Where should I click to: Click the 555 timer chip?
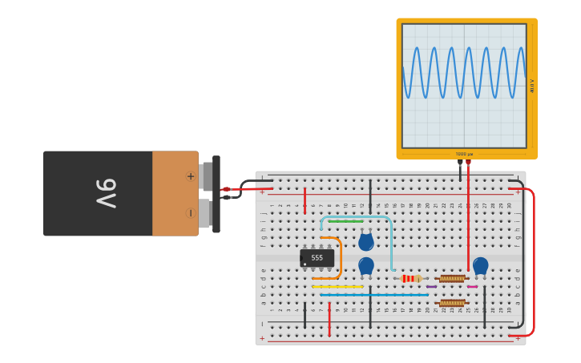pyautogui.click(x=317, y=258)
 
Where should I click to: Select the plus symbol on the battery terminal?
pyautogui.click(x=190, y=176)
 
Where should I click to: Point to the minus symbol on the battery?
pyautogui.click(x=190, y=212)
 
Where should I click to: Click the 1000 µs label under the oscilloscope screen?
pyautogui.click(x=464, y=154)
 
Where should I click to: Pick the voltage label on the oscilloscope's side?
pyautogui.click(x=532, y=85)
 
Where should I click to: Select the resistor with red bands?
pyautogui.click(x=410, y=278)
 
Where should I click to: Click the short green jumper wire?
pyautogui.click(x=345, y=221)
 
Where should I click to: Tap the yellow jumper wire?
pyautogui.click(x=337, y=286)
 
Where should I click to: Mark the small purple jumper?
pyautogui.click(x=431, y=286)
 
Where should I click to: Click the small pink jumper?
pyautogui.click(x=472, y=286)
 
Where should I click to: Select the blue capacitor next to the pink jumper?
pyautogui.click(x=480, y=266)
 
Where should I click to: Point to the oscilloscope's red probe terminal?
pyautogui.click(x=468, y=162)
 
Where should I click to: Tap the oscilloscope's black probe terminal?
pyautogui.click(x=460, y=162)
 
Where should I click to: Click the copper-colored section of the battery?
pyautogui.click(x=175, y=193)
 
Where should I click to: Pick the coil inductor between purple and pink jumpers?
pyautogui.click(x=452, y=279)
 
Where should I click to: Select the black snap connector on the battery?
pyautogui.click(x=216, y=194)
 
